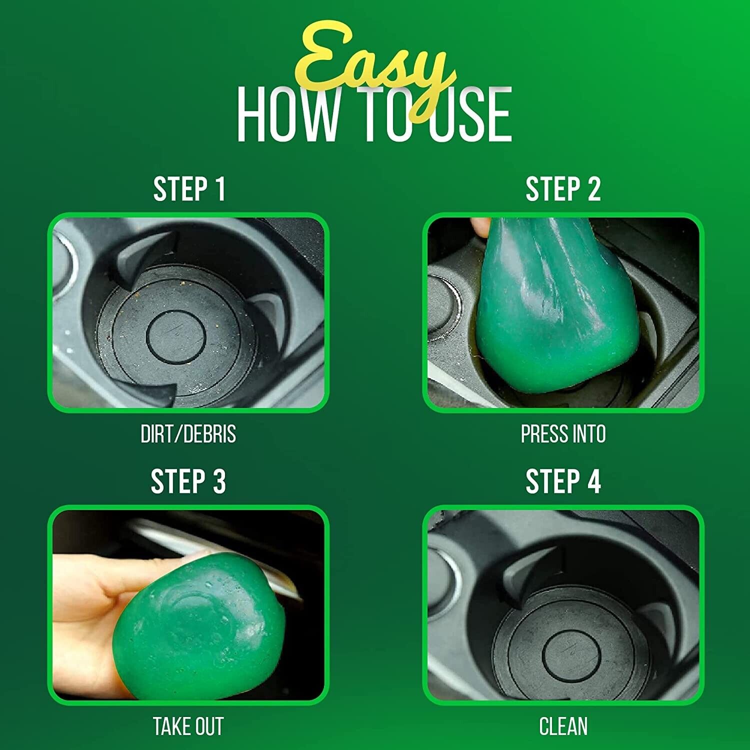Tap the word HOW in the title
point(287,114)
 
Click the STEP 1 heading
point(189,189)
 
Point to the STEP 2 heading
point(563,189)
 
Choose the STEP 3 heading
point(188,481)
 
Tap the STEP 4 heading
point(563,481)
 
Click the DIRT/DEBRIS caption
point(188,434)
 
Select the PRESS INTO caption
point(563,434)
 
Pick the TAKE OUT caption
point(188,726)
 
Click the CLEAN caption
point(563,726)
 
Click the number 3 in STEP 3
point(218,481)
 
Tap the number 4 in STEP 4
point(593,481)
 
